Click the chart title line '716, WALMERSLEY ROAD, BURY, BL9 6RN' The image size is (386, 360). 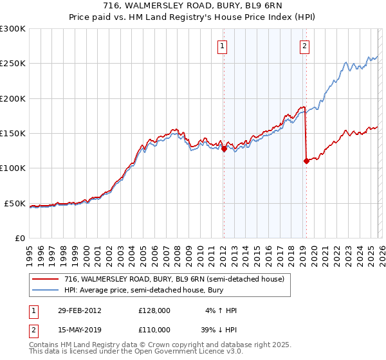point(192,6)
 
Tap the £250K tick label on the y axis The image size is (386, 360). point(13,64)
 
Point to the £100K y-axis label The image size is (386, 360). point(13,168)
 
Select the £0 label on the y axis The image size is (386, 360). point(19,238)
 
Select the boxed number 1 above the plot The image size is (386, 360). point(223,46)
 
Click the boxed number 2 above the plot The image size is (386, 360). point(304,46)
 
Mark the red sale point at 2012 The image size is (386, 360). point(224,148)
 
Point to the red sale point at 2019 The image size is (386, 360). point(306,161)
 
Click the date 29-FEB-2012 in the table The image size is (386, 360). point(79,310)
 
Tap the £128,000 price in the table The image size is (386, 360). point(154,310)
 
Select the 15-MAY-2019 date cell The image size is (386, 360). point(79,330)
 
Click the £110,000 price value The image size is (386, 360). point(154,330)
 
